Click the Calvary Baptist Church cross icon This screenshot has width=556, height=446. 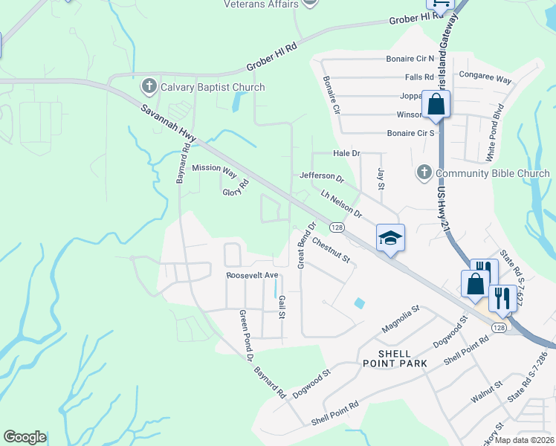click(149, 87)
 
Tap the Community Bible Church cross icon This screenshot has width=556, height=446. click(424, 173)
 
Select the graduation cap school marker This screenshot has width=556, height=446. click(390, 239)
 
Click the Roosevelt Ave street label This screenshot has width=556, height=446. click(252, 275)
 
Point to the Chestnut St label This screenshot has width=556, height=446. click(331, 251)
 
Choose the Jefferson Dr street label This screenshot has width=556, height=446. click(322, 178)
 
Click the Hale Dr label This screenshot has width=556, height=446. click(346, 153)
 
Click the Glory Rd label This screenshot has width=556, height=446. click(235, 193)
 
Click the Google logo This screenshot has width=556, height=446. click(25, 437)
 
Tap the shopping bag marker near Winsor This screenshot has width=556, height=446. click(436, 104)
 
